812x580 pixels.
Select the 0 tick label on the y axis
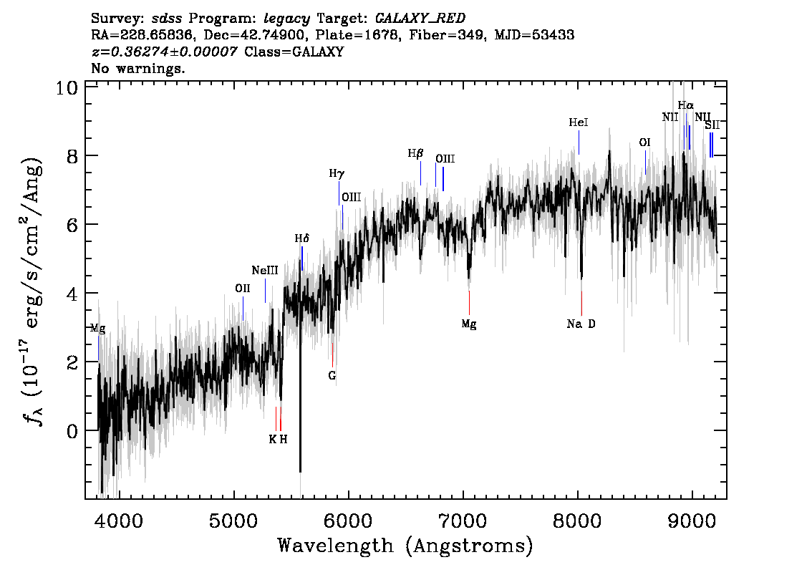pos(72,431)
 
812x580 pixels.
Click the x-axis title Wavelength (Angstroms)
pos(405,546)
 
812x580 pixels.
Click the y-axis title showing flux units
pos(32,290)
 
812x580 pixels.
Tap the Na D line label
pos(581,324)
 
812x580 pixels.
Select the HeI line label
pos(579,123)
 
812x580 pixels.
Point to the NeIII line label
pos(265,271)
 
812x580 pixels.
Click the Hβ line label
pos(416,153)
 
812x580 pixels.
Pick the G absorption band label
pos(332,375)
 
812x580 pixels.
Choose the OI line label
pos(644,143)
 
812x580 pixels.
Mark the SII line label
pos(712,125)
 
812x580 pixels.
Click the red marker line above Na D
pos(581,303)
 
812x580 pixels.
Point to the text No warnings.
pos(138,69)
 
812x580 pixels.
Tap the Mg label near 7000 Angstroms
pos(469,324)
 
